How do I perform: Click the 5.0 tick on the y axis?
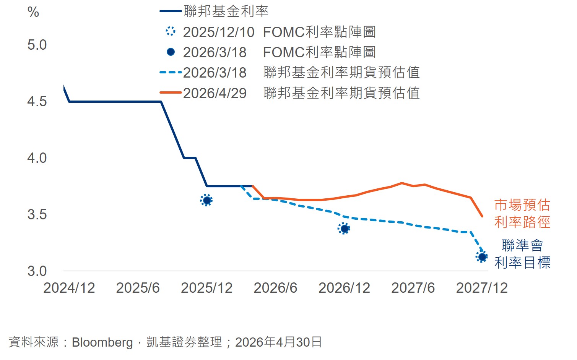[x=37, y=45]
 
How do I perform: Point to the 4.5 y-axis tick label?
[x=37, y=101]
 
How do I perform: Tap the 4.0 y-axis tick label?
[x=37, y=158]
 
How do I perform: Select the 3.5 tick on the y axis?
[x=37, y=214]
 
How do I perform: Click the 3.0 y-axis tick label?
[x=37, y=271]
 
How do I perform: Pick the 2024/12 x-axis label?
[x=69, y=288]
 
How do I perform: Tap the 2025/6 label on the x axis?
[x=138, y=288]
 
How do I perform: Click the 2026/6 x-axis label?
[x=275, y=288]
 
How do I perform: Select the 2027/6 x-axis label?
[x=413, y=288]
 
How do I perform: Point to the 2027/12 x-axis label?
[x=482, y=288]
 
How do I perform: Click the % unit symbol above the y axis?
[x=33, y=12]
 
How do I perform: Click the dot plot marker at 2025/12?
[x=206, y=200]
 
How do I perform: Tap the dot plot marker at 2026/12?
[x=344, y=229]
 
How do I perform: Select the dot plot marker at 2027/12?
[x=482, y=256]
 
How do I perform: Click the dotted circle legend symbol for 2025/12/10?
[x=171, y=31]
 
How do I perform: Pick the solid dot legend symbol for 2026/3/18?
[x=171, y=52]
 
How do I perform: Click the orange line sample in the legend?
[x=171, y=92]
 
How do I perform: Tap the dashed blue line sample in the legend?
[x=171, y=72]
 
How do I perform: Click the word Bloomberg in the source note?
[x=102, y=342]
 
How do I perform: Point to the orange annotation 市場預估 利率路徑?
[x=522, y=214]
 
